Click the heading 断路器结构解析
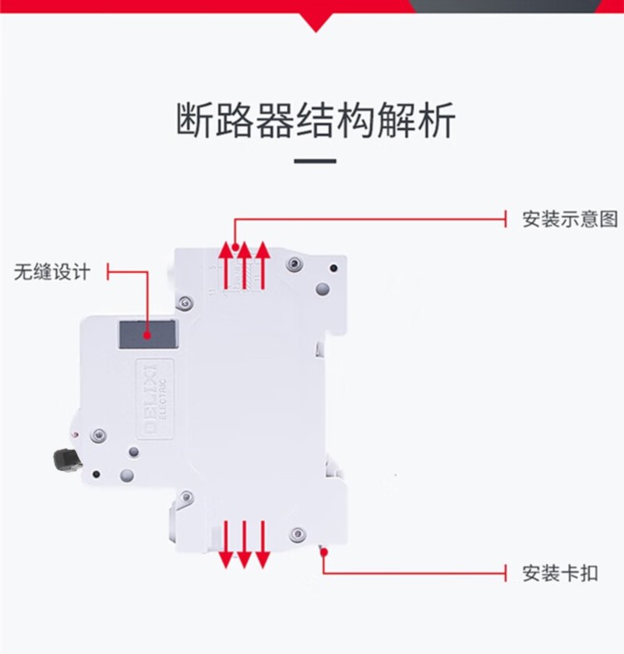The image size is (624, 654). coord(315,121)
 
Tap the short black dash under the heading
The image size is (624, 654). coord(315,161)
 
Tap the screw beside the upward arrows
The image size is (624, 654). coord(291,264)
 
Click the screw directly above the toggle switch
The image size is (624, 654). coord(100,434)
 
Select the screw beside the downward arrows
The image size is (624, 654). coord(296,533)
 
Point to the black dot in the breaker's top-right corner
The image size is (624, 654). coord(334,269)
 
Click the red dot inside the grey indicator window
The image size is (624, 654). coord(147,337)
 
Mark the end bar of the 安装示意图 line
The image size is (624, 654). coord(507,220)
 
